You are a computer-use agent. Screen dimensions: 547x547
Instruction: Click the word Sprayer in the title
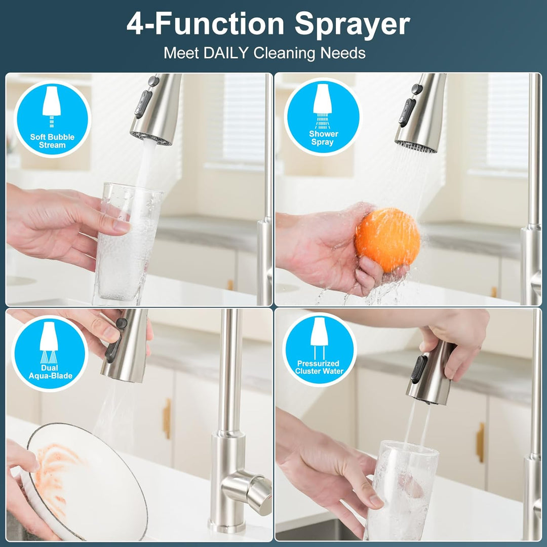tap(352, 24)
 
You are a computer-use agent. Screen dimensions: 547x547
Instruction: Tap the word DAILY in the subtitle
tap(226, 53)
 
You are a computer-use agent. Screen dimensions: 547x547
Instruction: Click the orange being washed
tap(387, 240)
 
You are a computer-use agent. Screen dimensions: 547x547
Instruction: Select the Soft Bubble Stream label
tap(52, 141)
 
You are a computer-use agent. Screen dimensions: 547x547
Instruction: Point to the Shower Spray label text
tap(323, 138)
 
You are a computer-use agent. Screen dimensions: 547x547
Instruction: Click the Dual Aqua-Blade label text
tap(50, 372)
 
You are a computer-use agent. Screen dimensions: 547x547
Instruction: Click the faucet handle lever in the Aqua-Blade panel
tap(248, 488)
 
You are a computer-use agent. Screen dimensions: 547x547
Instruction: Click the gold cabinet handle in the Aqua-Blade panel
tap(167, 418)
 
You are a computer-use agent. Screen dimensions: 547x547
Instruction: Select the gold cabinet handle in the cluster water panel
tap(480, 442)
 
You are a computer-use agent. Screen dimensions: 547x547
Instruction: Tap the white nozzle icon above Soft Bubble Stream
tap(52, 102)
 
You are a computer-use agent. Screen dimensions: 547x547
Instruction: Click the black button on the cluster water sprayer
tap(418, 369)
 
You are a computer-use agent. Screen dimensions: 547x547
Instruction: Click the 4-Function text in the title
tap(205, 24)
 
